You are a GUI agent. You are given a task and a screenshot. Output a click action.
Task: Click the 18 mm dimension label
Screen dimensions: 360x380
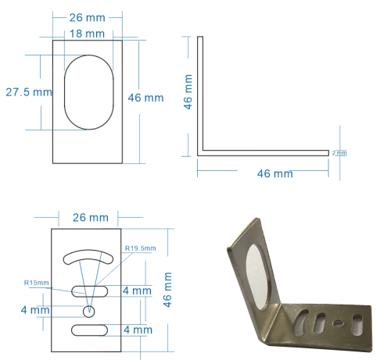[x=88, y=34]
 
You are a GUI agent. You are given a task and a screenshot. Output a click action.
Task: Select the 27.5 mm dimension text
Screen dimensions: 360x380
[x=29, y=92]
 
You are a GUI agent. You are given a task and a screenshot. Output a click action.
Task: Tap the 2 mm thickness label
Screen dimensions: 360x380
[x=339, y=153]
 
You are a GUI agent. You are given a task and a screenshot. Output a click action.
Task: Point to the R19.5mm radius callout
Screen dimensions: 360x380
[x=141, y=248]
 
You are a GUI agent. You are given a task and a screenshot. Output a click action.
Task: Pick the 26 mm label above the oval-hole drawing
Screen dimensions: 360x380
[x=88, y=16]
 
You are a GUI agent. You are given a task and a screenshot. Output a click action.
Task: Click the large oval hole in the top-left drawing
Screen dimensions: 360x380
[x=88, y=92]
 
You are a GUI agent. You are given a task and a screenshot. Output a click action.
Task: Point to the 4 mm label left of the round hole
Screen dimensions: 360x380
[x=35, y=310]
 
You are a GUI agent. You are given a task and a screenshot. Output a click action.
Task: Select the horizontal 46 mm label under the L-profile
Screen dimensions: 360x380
[x=274, y=173]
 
